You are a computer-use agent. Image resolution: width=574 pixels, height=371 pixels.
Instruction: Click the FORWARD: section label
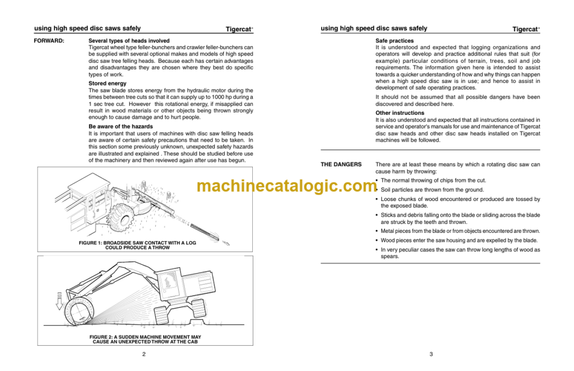49,41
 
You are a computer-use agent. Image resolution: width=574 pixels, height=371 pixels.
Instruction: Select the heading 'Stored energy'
108,83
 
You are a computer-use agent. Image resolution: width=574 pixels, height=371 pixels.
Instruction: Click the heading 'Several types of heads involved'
129,41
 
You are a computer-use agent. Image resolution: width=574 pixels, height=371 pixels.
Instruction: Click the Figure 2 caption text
145,339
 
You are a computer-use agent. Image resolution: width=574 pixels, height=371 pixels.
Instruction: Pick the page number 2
144,354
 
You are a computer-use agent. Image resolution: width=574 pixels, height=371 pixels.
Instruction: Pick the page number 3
430,354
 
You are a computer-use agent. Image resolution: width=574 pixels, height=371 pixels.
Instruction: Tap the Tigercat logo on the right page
526,29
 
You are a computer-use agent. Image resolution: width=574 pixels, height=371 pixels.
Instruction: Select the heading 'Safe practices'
395,41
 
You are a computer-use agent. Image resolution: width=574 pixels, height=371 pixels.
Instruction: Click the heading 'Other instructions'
400,113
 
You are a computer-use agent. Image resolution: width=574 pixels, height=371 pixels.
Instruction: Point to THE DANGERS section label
341,165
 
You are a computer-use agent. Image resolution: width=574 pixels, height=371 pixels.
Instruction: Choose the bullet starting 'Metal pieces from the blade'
460,231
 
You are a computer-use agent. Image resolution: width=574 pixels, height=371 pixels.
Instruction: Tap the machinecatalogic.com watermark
286,186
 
